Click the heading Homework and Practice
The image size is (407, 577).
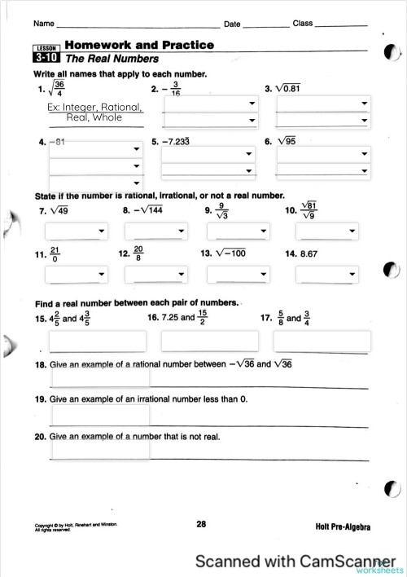pyautogui.click(x=139, y=46)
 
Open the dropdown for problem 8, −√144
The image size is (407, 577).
pyautogui.click(x=155, y=231)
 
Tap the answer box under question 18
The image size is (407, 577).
pyautogui.click(x=100, y=377)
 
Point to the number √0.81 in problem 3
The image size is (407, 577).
pyautogui.click(x=290, y=88)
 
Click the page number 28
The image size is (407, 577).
pyautogui.click(x=201, y=524)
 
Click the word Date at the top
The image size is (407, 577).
pyautogui.click(x=232, y=24)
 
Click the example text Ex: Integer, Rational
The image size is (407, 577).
pyautogui.click(x=95, y=107)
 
